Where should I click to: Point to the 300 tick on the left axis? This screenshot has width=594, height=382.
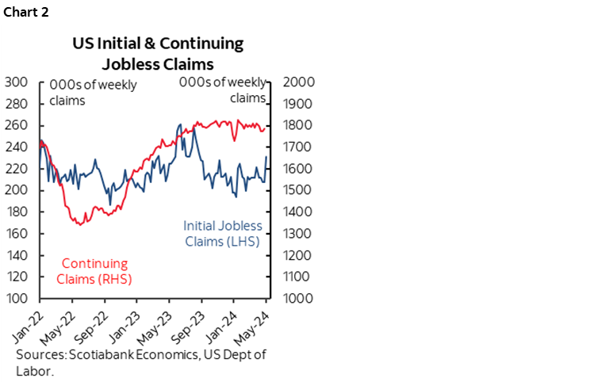[x=17, y=82]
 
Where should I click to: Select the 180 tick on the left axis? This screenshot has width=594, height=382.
[x=17, y=212]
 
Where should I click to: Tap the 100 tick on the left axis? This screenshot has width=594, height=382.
[x=17, y=299]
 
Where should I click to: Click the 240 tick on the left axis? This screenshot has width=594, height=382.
[x=17, y=147]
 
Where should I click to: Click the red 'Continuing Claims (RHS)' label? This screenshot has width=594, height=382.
[x=94, y=271]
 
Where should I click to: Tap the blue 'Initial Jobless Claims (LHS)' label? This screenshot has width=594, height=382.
[x=222, y=233]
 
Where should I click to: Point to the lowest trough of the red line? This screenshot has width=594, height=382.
[x=79, y=225]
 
